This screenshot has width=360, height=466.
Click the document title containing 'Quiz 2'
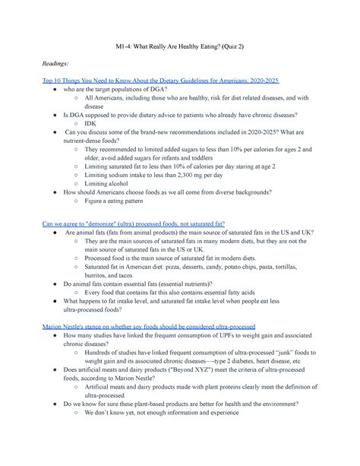(x=180, y=48)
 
